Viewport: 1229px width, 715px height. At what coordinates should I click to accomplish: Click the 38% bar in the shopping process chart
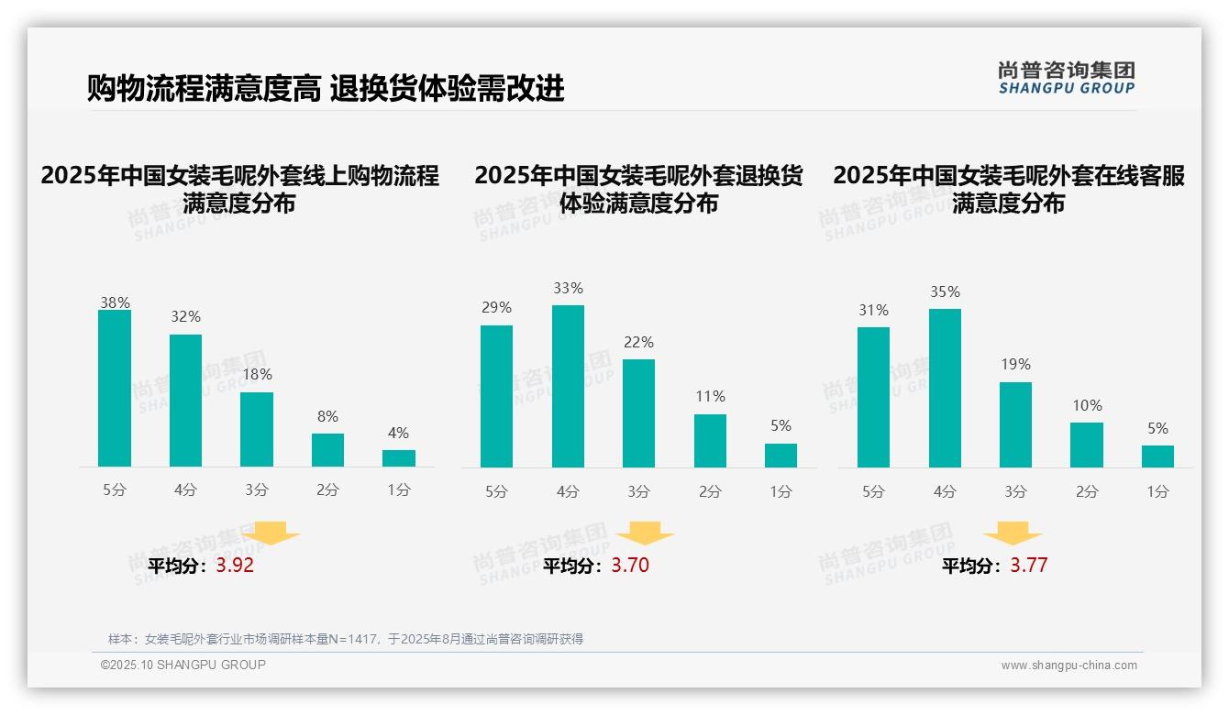click(115, 389)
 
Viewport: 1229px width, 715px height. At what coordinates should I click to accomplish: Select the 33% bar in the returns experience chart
click(568, 386)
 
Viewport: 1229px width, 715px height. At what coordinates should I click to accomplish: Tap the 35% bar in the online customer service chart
click(945, 388)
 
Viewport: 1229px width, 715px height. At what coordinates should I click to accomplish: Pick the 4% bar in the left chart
click(399, 458)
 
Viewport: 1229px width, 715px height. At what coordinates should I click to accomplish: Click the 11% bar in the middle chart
click(710, 441)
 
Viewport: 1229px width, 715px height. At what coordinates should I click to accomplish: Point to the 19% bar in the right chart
click(1015, 424)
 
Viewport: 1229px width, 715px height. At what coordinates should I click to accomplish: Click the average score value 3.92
click(235, 566)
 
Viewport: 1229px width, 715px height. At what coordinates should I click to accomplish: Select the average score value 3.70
click(630, 566)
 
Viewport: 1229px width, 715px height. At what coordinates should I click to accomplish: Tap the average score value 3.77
click(1029, 566)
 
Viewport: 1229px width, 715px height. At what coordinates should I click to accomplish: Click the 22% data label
click(638, 343)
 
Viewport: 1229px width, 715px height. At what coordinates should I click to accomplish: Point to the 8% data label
click(327, 417)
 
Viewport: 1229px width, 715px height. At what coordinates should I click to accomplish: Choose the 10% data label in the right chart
click(1087, 406)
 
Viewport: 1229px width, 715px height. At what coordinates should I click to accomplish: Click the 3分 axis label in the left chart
click(257, 490)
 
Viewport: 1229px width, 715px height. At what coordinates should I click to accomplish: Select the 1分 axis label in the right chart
click(1157, 492)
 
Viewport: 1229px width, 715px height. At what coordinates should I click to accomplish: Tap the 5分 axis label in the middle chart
click(496, 492)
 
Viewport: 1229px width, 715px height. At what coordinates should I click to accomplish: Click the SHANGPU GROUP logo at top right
click(1066, 78)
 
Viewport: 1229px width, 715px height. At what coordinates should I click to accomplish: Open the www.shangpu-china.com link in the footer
click(1068, 665)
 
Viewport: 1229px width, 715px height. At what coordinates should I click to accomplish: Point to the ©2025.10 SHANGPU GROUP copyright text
click(183, 665)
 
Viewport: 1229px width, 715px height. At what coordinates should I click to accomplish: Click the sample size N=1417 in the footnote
click(354, 639)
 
